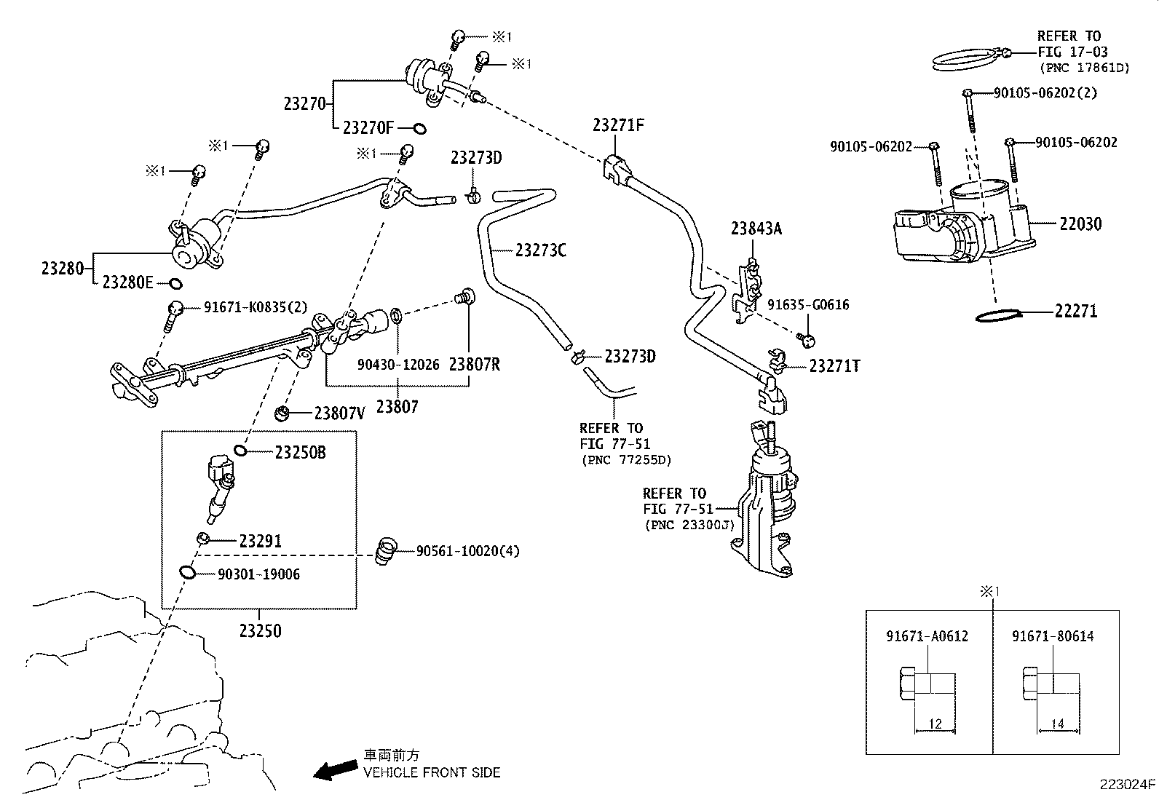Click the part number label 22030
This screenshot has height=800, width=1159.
pyautogui.click(x=1080, y=224)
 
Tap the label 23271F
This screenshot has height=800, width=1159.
pyautogui.click(x=618, y=124)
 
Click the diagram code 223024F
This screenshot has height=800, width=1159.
pyautogui.click(x=1127, y=785)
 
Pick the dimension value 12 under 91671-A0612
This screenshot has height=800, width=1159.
pyautogui.click(x=935, y=724)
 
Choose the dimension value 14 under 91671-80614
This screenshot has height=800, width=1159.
pyautogui.click(x=1058, y=724)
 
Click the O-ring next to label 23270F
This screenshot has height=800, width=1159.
pyautogui.click(x=419, y=129)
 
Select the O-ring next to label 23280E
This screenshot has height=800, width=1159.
pyautogui.click(x=175, y=283)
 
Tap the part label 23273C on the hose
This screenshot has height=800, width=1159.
pyautogui.click(x=540, y=250)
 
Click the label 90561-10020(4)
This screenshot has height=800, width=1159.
pyautogui.click(x=467, y=551)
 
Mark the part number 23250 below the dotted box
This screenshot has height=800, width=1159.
pyautogui.click(x=260, y=630)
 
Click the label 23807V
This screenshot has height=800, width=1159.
pyautogui.click(x=339, y=413)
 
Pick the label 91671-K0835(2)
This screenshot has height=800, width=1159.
pyautogui.click(x=245, y=308)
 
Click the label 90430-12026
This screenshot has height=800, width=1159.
pyautogui.click(x=398, y=364)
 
